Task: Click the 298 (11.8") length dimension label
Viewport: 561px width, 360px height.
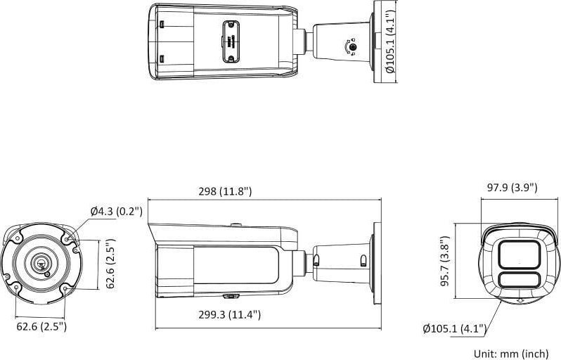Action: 225,191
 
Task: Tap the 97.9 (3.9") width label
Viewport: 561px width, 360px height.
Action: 512,187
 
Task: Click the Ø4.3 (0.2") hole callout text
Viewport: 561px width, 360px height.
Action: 116,211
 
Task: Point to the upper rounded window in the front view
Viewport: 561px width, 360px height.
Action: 519,254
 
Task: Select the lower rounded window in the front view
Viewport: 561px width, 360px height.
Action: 519,281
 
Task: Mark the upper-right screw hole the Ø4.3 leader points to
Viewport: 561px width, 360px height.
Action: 67,240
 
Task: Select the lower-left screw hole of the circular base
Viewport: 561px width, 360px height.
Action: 15,286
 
